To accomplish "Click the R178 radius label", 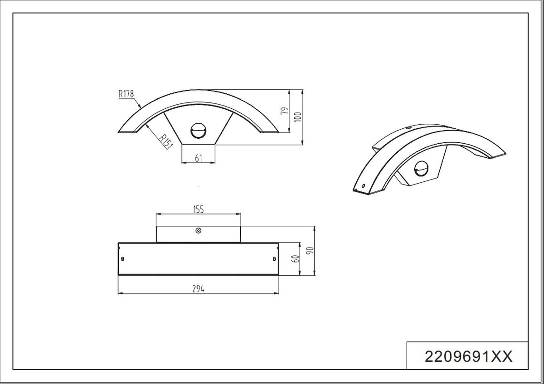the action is [126, 94].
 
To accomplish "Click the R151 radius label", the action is [166, 141].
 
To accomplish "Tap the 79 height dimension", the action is [285, 111].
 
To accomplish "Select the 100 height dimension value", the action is [297, 117].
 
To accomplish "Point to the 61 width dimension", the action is [199, 158].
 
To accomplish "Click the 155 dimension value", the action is [199, 209].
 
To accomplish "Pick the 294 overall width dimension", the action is [198, 289].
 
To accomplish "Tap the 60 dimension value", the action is [296, 259].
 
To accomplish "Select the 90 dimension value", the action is [310, 250].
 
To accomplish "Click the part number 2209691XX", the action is [468, 356].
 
